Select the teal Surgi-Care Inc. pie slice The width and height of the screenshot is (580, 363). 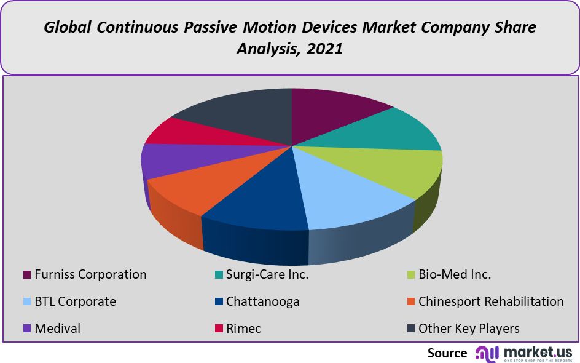tap(387, 132)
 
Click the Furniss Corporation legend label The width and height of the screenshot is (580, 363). tap(90, 274)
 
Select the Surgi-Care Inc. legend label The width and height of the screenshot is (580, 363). tap(267, 274)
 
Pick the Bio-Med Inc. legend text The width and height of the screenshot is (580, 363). tap(455, 274)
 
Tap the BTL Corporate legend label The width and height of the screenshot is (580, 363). tap(75, 301)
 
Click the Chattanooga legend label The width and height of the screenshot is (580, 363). tap(262, 301)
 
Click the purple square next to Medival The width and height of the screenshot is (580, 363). tap(26, 329)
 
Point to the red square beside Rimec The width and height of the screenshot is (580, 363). tap(218, 329)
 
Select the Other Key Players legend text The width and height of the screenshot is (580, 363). tap(469, 329)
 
